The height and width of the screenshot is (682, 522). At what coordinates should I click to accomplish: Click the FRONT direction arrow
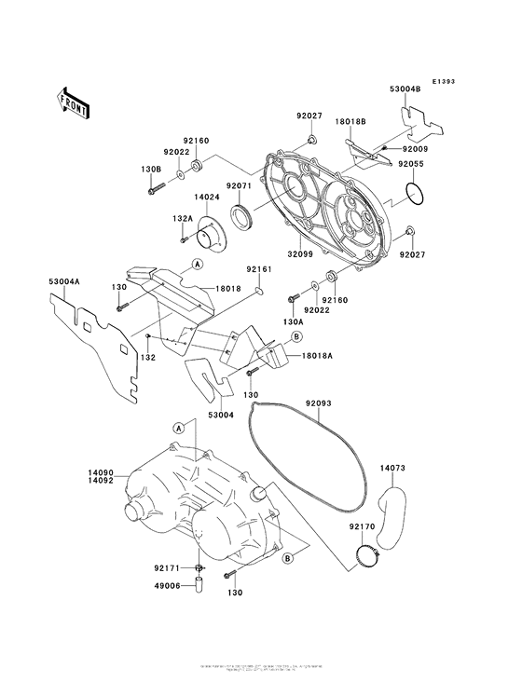(x=74, y=102)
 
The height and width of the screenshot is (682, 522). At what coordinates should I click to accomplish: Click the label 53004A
(x=64, y=280)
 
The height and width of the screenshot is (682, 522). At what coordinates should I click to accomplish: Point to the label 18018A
(x=315, y=355)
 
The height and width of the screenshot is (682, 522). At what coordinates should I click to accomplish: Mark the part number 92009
(x=416, y=149)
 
